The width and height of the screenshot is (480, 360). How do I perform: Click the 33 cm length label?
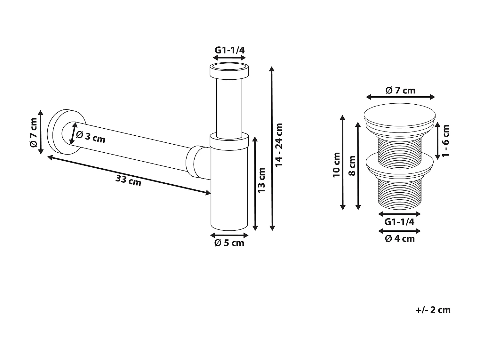[128, 181]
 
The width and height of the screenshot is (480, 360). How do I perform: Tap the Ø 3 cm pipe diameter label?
[91, 137]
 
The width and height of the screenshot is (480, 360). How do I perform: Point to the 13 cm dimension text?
[261, 180]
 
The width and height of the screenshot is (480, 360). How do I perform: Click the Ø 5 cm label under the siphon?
[229, 243]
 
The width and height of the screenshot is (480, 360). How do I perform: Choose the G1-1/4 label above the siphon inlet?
[229, 50]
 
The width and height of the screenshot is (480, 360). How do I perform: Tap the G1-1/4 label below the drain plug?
[399, 222]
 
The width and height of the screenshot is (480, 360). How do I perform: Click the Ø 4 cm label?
[400, 239]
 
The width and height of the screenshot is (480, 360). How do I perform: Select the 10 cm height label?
[336, 165]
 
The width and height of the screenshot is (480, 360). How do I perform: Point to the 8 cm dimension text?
[352, 166]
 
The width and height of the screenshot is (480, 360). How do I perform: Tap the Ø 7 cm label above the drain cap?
[400, 91]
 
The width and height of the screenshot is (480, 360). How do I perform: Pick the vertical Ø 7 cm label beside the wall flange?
[33, 132]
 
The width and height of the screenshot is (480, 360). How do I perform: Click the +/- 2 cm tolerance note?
[433, 310]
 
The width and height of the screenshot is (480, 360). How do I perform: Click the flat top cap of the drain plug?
[400, 112]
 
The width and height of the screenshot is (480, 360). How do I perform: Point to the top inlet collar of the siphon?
[229, 71]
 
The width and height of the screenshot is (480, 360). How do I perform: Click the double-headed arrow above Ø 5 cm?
[229, 235]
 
